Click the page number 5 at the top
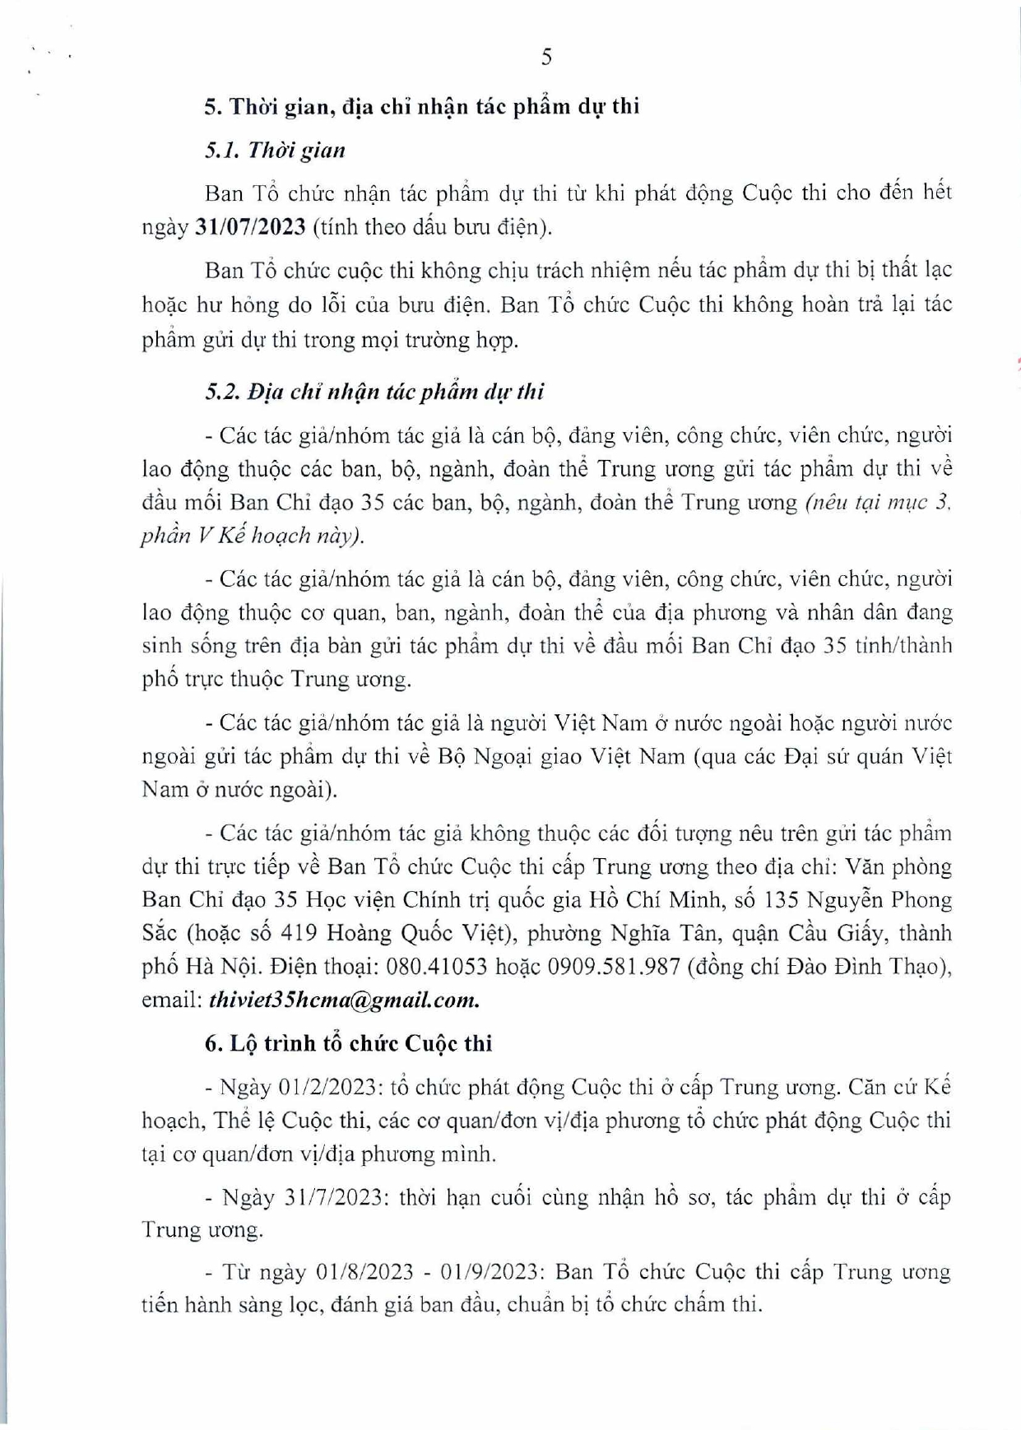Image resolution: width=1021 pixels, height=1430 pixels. [x=547, y=57]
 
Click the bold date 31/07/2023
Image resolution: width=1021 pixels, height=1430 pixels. [x=250, y=227]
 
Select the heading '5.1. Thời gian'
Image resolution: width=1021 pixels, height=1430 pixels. [x=275, y=151]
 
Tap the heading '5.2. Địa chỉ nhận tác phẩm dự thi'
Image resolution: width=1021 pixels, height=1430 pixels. [x=374, y=392]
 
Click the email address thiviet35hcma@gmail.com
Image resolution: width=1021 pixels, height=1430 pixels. [x=344, y=1000]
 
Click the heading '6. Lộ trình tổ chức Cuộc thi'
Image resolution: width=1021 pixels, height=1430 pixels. [x=348, y=1043]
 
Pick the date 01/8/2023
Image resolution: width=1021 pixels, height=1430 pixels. [x=364, y=1272]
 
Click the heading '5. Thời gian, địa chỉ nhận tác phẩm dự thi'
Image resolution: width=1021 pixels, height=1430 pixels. [x=422, y=107]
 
